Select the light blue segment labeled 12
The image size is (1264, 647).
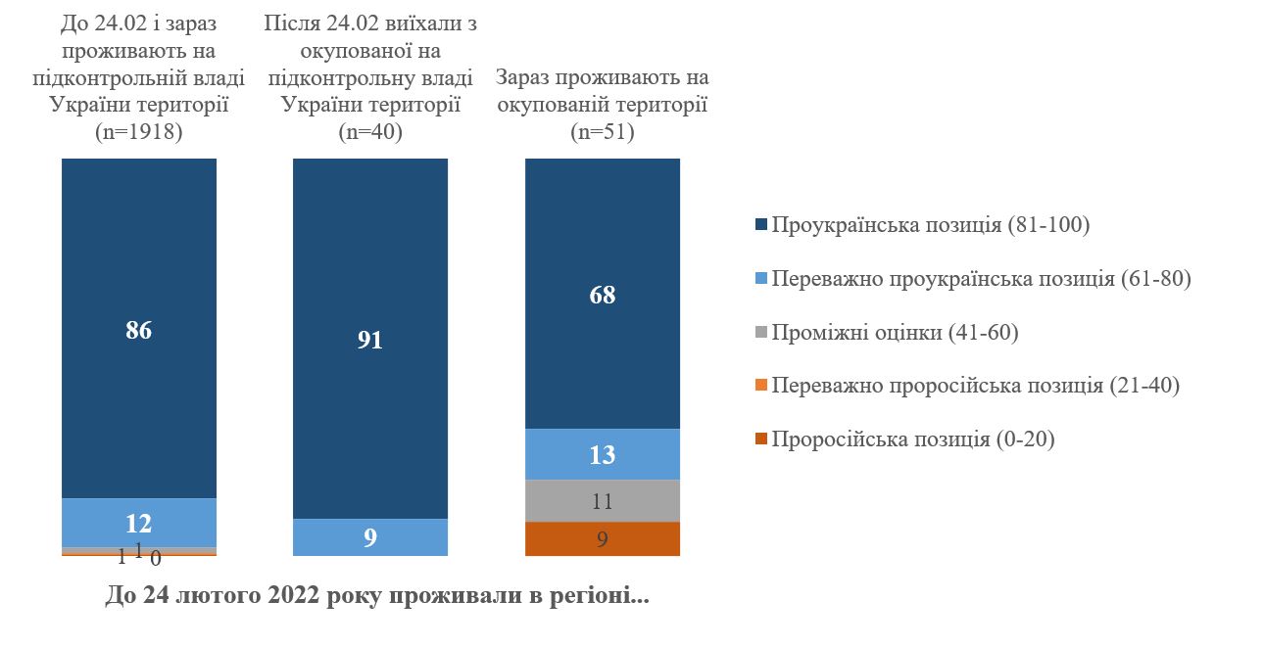(x=138, y=523)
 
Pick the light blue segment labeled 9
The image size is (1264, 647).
(x=370, y=537)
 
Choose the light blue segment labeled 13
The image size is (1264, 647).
(x=603, y=454)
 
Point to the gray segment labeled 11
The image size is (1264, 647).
(x=603, y=501)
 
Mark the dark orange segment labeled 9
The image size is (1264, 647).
(x=603, y=539)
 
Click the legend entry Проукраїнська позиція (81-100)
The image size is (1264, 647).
(x=931, y=225)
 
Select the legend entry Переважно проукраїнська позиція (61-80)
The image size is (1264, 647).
(x=981, y=279)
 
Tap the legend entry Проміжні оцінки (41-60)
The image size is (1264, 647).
(x=895, y=333)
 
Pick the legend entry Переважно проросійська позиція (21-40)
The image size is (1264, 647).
(x=975, y=386)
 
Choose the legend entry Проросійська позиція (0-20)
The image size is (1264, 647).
(x=912, y=439)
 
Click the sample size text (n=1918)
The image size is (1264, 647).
(x=138, y=131)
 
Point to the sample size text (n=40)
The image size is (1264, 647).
(x=370, y=131)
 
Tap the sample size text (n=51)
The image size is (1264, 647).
(x=603, y=131)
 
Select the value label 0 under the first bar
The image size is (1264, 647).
(x=155, y=559)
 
